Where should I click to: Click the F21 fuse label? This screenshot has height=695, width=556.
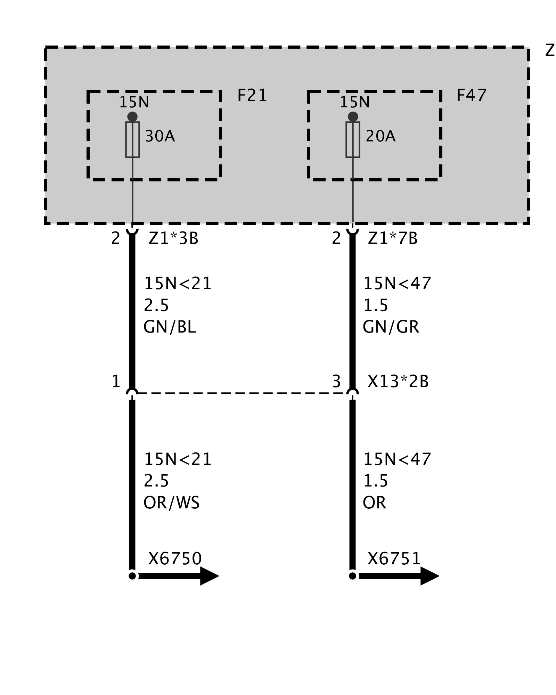tap(252, 96)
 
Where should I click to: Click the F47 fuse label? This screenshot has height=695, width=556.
tap(471, 96)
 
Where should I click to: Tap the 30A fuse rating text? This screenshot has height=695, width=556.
tap(160, 136)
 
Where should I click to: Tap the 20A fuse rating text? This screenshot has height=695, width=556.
tap(381, 136)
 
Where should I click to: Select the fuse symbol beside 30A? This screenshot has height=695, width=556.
tap(132, 139)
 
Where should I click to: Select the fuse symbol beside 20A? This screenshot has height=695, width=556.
tap(353, 139)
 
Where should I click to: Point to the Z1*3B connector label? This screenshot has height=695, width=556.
tap(173, 238)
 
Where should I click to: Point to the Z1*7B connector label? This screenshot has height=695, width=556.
tap(393, 238)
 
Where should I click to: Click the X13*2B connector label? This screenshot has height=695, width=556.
tap(398, 382)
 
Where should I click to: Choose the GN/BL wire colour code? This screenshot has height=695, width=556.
tap(170, 327)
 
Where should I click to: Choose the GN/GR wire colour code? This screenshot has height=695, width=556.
tap(391, 327)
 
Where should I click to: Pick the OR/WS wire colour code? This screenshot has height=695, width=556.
tap(171, 502)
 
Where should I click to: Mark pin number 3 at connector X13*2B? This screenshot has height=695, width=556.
tap(336, 382)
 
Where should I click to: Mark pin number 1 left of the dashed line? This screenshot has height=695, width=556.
tap(116, 382)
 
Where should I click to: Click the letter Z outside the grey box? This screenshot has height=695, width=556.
tap(550, 51)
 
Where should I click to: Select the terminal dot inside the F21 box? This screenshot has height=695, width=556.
tap(132, 116)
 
